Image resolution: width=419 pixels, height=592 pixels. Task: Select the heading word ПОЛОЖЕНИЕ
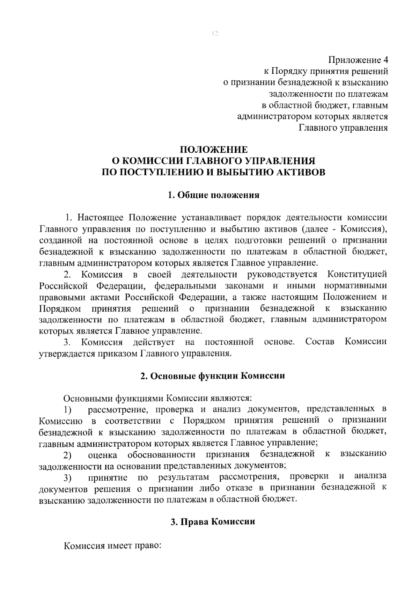(213, 150)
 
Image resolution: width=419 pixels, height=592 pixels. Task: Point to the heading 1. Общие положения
(213, 195)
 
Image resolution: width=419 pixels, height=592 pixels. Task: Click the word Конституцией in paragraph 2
(357, 275)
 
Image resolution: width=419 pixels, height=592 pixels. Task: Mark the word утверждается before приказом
(66, 353)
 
